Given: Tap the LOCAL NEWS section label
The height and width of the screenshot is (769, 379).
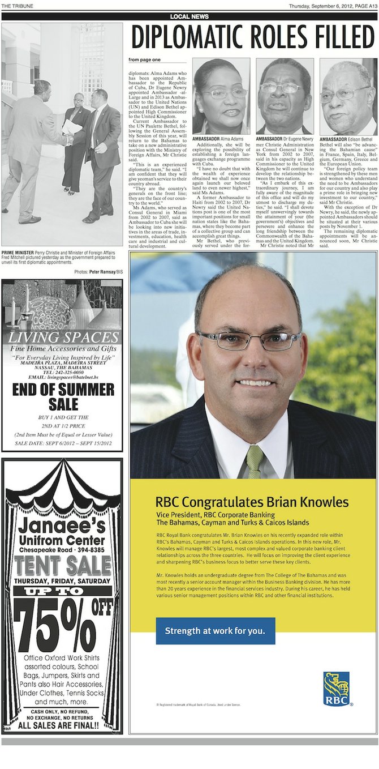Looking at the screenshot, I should [189, 16].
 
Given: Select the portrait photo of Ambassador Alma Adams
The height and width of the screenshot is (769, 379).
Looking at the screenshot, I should [221, 96].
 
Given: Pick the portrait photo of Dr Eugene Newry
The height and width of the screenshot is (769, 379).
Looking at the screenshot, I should [285, 96].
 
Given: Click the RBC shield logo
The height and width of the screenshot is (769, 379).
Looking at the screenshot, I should [336, 689].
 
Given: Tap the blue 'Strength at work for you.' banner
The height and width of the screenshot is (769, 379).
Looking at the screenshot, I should [215, 630].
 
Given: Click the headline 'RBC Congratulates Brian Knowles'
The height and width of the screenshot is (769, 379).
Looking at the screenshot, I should [252, 502].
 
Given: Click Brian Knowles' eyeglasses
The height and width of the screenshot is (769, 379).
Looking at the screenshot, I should [249, 340].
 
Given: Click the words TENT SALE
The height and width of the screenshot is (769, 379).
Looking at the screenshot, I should [62, 565].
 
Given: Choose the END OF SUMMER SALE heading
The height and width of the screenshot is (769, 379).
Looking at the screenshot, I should [62, 396].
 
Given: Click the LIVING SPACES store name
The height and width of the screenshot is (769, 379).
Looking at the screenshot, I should [62, 338].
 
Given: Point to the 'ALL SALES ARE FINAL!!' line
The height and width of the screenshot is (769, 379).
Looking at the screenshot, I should [62, 725].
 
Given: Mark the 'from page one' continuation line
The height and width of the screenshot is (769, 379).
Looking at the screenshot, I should [144, 59].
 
